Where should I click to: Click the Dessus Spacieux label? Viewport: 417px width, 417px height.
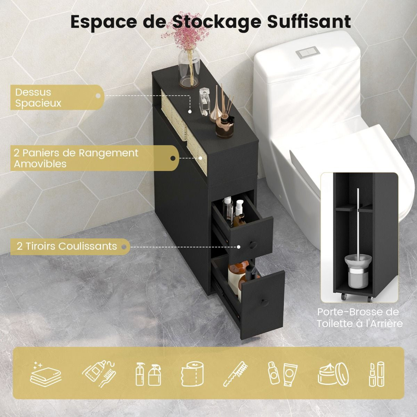[57, 97]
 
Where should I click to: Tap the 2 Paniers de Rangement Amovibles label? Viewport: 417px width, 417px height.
[95, 158]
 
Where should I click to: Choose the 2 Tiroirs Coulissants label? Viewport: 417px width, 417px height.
[70, 246]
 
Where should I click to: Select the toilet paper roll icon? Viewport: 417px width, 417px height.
[193, 374]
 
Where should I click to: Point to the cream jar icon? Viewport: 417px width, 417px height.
[333, 374]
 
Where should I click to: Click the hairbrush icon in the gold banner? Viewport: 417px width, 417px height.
[236, 374]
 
